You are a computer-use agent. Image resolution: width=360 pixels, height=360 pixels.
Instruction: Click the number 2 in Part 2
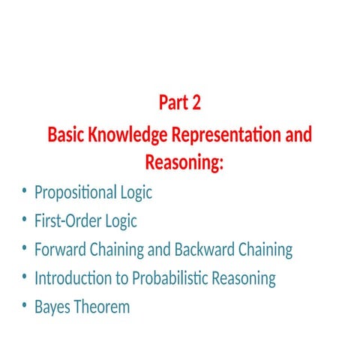tap(196, 103)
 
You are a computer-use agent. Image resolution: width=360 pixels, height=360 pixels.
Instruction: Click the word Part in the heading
tap(172, 103)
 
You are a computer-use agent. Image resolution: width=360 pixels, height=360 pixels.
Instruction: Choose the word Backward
tap(205, 250)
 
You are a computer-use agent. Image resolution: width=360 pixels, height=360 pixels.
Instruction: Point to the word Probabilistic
tap(169, 279)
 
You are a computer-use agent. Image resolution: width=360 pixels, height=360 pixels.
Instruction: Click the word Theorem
tap(102, 307)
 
